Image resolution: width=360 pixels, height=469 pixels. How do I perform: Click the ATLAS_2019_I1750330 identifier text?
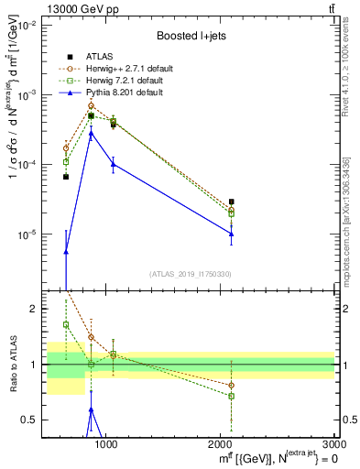(191, 273)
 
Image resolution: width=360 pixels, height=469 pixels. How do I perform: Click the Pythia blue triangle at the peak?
(91, 134)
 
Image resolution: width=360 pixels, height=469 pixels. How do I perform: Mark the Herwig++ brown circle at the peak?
(91, 105)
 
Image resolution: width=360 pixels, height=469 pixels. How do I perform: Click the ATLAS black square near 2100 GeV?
(232, 202)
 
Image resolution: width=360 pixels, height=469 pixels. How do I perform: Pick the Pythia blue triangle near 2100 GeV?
(232, 234)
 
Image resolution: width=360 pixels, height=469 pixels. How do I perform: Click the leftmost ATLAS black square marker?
(66, 177)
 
